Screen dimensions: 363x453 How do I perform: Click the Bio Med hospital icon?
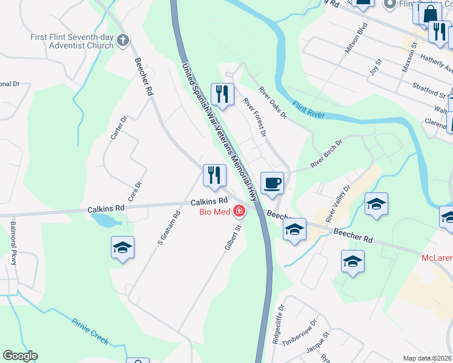240,212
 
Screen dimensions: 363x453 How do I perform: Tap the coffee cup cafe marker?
272,183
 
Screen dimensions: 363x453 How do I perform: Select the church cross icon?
123,41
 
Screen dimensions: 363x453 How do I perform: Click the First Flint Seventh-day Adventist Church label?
72,41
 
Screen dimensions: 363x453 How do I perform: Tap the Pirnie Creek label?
90,332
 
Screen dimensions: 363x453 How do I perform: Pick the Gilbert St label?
234,237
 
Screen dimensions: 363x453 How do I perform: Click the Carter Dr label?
118,128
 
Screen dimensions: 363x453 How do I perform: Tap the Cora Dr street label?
134,192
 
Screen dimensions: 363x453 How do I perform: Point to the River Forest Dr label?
254,117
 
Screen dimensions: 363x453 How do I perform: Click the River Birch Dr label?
326,154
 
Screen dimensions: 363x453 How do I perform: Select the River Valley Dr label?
338,204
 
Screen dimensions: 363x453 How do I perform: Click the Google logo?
20,356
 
